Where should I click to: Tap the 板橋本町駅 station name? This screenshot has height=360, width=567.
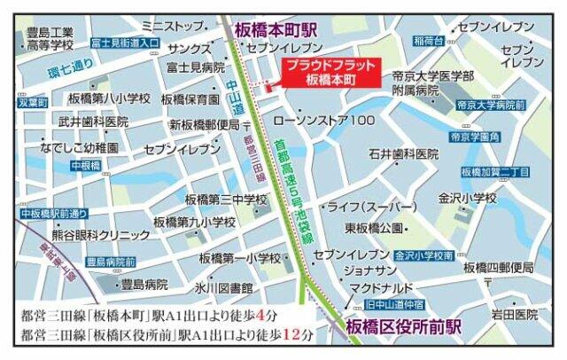click(276, 28)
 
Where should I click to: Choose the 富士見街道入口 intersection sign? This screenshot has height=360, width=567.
click(124, 42)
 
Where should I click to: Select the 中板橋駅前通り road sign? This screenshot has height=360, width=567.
click(54, 214)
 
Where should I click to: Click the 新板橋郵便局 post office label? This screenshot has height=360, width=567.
click(205, 125)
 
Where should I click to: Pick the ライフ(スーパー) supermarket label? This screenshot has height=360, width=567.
click(371, 207)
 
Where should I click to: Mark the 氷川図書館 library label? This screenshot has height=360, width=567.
click(224, 289)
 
